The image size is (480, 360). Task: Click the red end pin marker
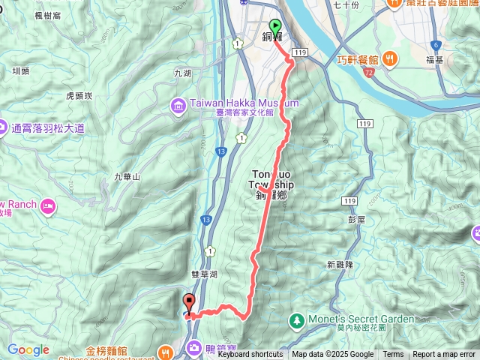(189, 303)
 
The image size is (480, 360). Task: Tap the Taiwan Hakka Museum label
(235, 103)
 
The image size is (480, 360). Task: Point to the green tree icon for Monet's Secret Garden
(298, 319)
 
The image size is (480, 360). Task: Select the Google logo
(28, 349)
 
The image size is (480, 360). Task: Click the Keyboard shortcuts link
(250, 355)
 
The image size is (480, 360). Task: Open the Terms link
(393, 355)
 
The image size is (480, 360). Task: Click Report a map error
(444, 355)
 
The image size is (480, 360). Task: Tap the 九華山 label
(127, 177)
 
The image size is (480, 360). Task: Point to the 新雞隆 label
(341, 265)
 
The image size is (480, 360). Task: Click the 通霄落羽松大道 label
(47, 128)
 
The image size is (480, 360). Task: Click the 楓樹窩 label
(48, 16)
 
